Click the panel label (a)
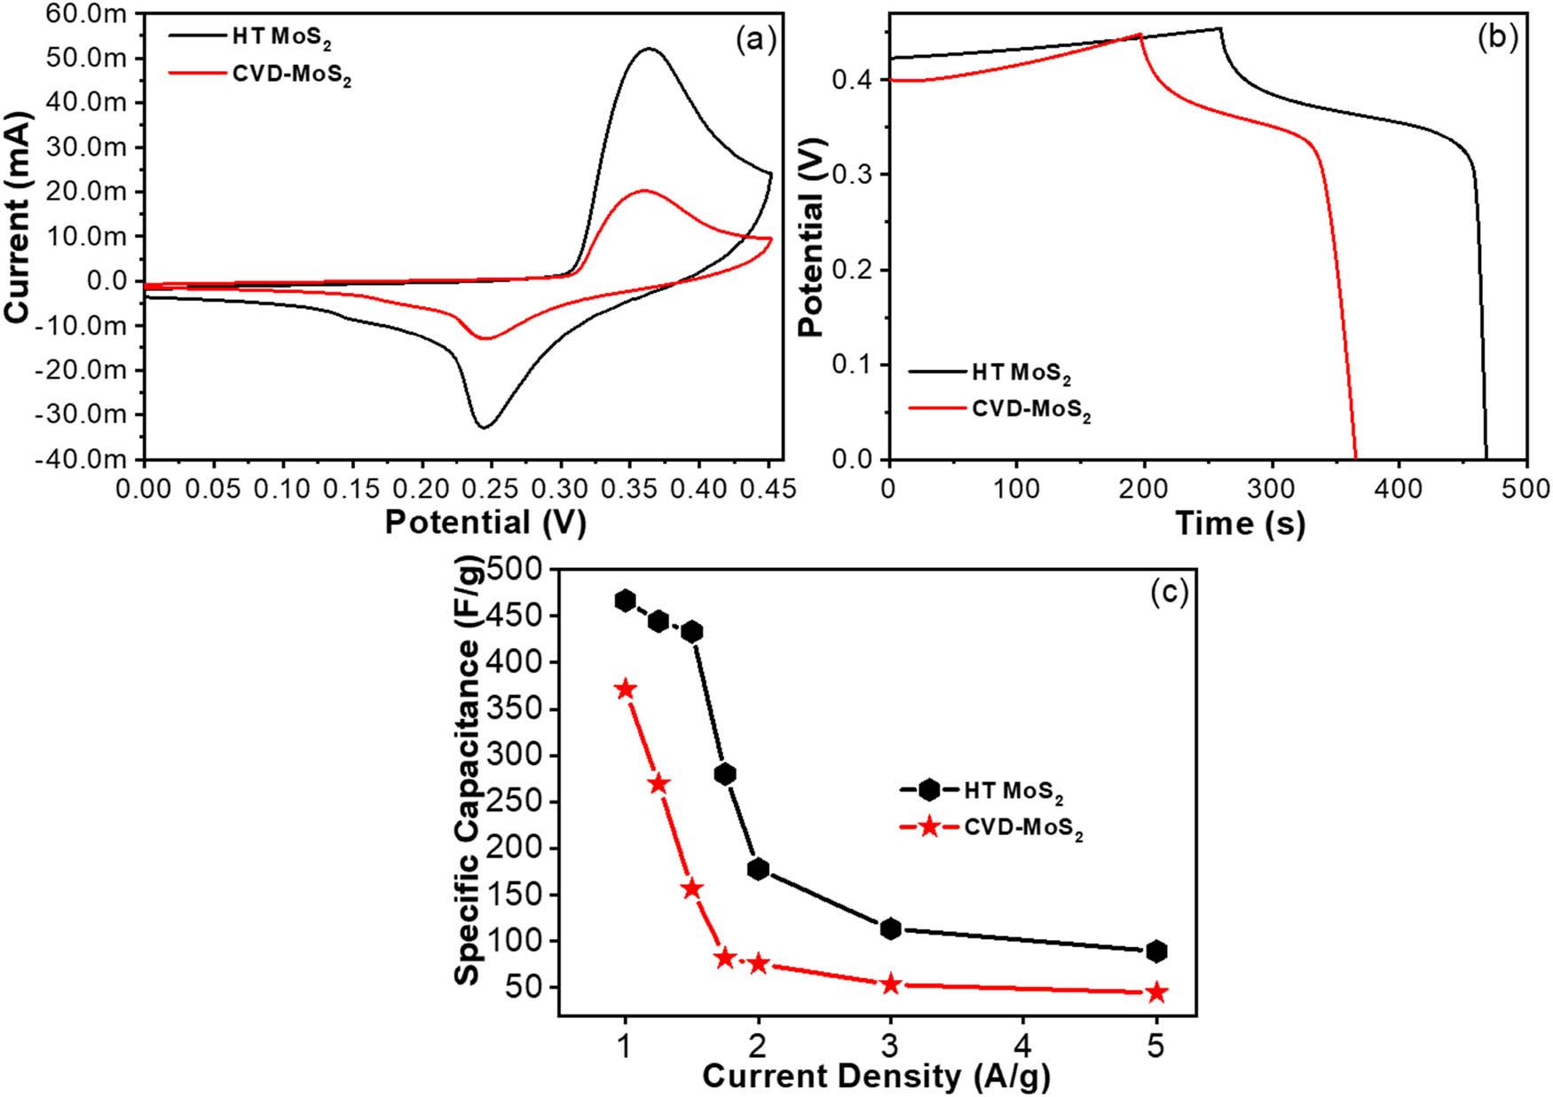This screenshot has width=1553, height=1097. (x=756, y=40)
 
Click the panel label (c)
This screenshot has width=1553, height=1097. (x=1168, y=592)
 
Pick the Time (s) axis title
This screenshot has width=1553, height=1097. (x=1240, y=524)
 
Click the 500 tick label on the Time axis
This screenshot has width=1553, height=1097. (x=1526, y=488)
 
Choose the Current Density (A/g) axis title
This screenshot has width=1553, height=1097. (x=877, y=1077)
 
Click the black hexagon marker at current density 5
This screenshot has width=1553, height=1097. (x=1156, y=951)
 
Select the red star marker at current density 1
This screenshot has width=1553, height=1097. (x=626, y=690)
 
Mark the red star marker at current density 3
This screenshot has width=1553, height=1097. (x=891, y=983)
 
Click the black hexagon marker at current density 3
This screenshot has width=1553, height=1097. (x=891, y=928)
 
